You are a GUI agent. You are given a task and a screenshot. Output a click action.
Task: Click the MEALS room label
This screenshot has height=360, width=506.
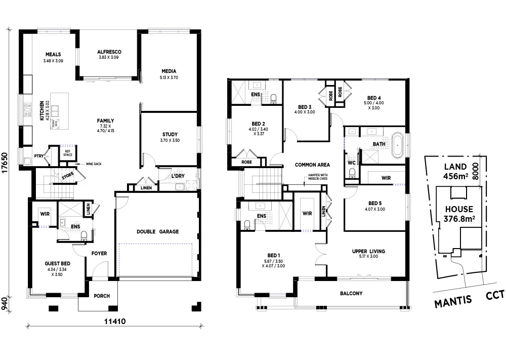(53, 54)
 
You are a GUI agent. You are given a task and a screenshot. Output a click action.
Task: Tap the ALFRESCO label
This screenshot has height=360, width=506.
(109, 52)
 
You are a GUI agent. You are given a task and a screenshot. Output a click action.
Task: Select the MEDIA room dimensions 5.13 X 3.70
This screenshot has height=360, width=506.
(168, 77)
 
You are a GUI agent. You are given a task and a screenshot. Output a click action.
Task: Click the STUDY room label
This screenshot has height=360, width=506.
(170, 134)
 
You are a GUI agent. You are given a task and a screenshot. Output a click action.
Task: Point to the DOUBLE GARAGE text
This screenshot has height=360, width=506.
(157, 231)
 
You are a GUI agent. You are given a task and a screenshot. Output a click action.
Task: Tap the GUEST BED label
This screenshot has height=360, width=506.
(57, 264)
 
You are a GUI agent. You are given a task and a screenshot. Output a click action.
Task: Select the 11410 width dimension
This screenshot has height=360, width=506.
(115, 321)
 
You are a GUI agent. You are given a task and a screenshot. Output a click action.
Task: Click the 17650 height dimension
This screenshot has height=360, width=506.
(5, 163)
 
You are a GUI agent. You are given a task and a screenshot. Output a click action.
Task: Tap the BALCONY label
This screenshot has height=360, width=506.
(351, 293)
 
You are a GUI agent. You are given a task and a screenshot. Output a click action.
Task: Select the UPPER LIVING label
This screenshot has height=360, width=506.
(368, 251)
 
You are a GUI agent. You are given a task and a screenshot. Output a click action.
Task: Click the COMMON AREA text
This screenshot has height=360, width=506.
(313, 165)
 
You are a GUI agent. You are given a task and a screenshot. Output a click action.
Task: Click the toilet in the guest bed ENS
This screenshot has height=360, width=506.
(85, 234)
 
